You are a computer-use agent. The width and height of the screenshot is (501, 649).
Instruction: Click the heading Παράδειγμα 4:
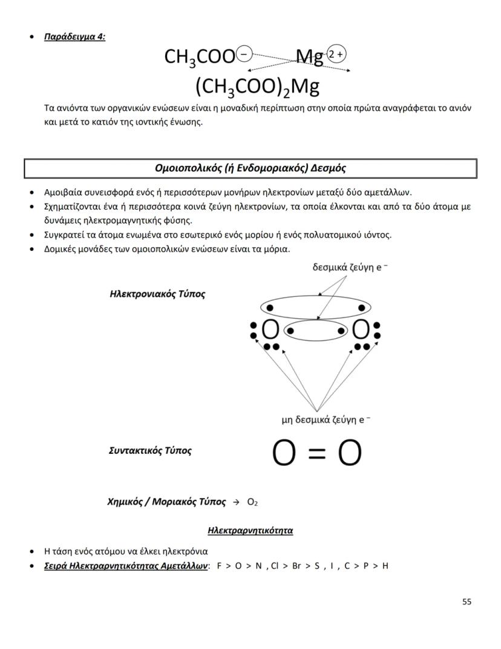pos(74,36)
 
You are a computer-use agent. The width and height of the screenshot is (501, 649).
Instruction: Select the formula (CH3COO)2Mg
pos(257,87)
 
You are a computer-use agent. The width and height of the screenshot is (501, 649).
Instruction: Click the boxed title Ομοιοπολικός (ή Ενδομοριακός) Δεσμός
pos(250,168)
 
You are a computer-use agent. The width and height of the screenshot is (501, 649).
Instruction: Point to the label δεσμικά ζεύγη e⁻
pos(347,267)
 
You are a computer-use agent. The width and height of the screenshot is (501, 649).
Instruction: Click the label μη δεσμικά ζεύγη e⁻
pos(326,419)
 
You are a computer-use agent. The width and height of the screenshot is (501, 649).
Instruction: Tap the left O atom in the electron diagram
pos(270,330)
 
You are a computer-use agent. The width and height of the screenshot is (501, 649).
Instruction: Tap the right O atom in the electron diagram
pos(360,330)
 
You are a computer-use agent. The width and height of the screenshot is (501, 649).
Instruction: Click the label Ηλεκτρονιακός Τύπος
pos(157,294)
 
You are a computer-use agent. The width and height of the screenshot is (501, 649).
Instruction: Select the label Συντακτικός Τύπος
pos(150,451)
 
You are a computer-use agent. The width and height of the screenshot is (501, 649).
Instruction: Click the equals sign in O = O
pos(316,453)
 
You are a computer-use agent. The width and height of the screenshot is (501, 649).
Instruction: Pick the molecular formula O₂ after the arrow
pos(253,502)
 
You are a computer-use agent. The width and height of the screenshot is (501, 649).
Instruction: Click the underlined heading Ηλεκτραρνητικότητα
pos(250,531)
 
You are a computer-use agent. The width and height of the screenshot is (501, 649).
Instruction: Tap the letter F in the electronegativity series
pos(220,566)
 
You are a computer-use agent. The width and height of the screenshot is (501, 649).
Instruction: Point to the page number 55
pos(466,602)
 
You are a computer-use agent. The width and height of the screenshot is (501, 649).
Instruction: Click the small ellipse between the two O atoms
pos(315,331)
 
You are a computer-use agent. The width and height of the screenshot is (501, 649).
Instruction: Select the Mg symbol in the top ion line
pos(309,58)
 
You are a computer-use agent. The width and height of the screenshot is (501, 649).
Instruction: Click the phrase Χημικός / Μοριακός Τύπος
pos(166,502)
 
